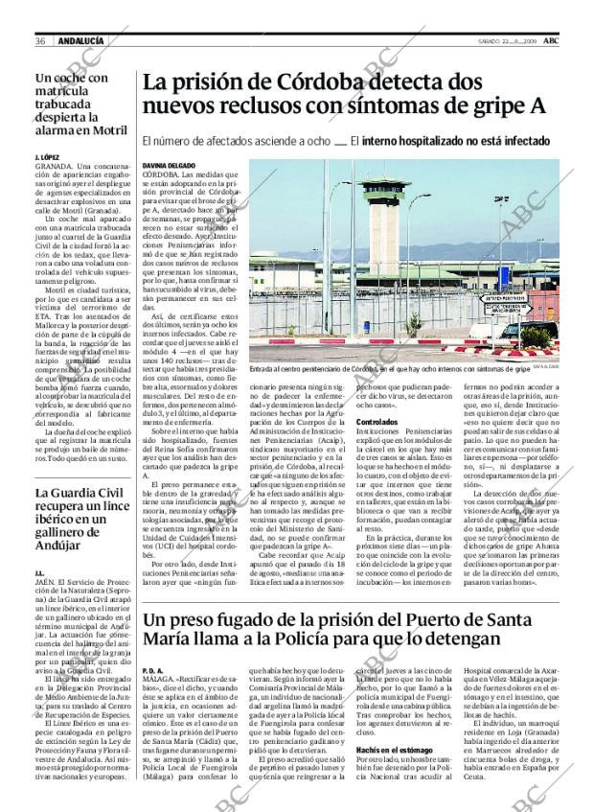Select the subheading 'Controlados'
377,422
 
